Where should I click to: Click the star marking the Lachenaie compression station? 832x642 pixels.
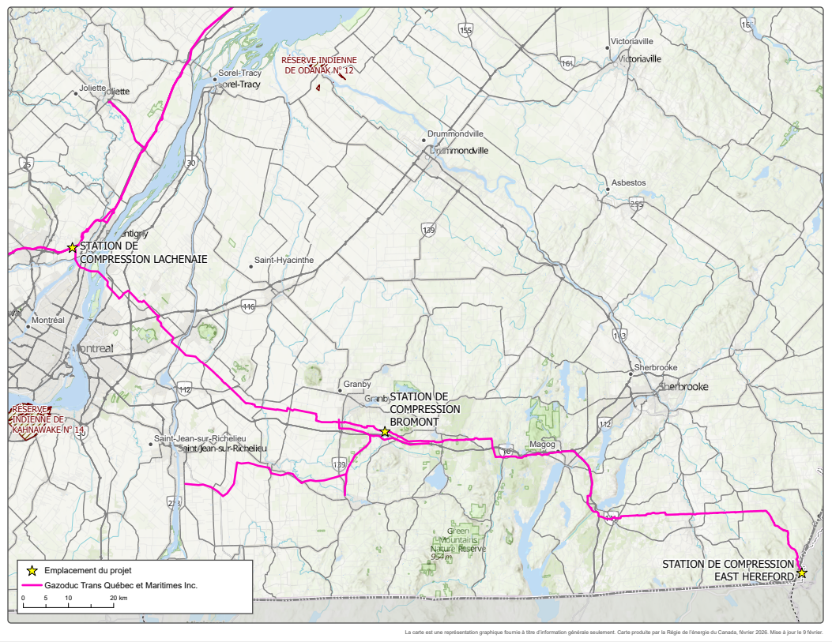tap(72, 247)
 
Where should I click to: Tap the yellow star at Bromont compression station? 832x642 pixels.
tap(385, 432)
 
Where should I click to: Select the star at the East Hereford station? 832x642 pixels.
tap(802, 573)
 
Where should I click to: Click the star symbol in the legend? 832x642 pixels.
tap(32, 569)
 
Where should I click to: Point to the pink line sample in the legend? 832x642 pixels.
tap(32, 586)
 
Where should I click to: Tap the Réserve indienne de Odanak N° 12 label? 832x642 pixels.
tap(319, 66)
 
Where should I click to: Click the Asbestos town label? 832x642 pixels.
tap(627, 182)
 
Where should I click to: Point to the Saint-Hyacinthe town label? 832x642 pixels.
tap(284, 260)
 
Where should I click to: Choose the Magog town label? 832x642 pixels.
tap(543, 445)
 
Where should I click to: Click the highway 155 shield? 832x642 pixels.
tap(465, 30)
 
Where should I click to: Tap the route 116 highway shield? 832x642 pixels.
tap(249, 306)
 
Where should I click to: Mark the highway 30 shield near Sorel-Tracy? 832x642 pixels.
tap(190, 163)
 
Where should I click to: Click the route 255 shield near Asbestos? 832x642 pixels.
tap(637, 204)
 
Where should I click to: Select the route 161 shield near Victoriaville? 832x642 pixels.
tap(567, 63)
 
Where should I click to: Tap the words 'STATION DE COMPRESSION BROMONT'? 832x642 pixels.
tap(424, 408)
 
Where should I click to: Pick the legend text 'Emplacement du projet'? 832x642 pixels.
tap(88, 569)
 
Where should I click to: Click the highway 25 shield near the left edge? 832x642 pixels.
tap(28, 164)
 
